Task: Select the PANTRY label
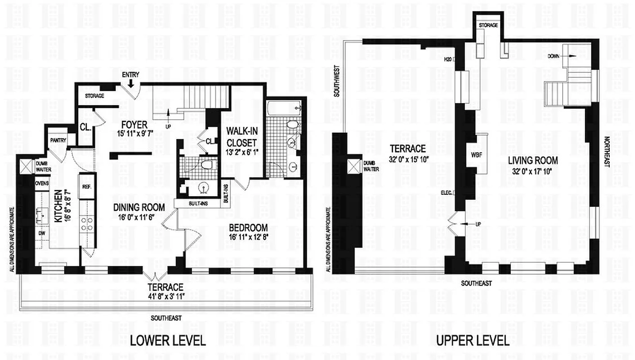click(58, 140)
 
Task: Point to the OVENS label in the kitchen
click(42, 184)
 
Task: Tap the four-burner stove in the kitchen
click(87, 224)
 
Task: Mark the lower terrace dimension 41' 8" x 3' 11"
click(166, 296)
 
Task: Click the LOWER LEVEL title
click(167, 340)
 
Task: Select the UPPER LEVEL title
click(473, 340)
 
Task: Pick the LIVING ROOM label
click(533, 160)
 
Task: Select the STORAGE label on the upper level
click(488, 25)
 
